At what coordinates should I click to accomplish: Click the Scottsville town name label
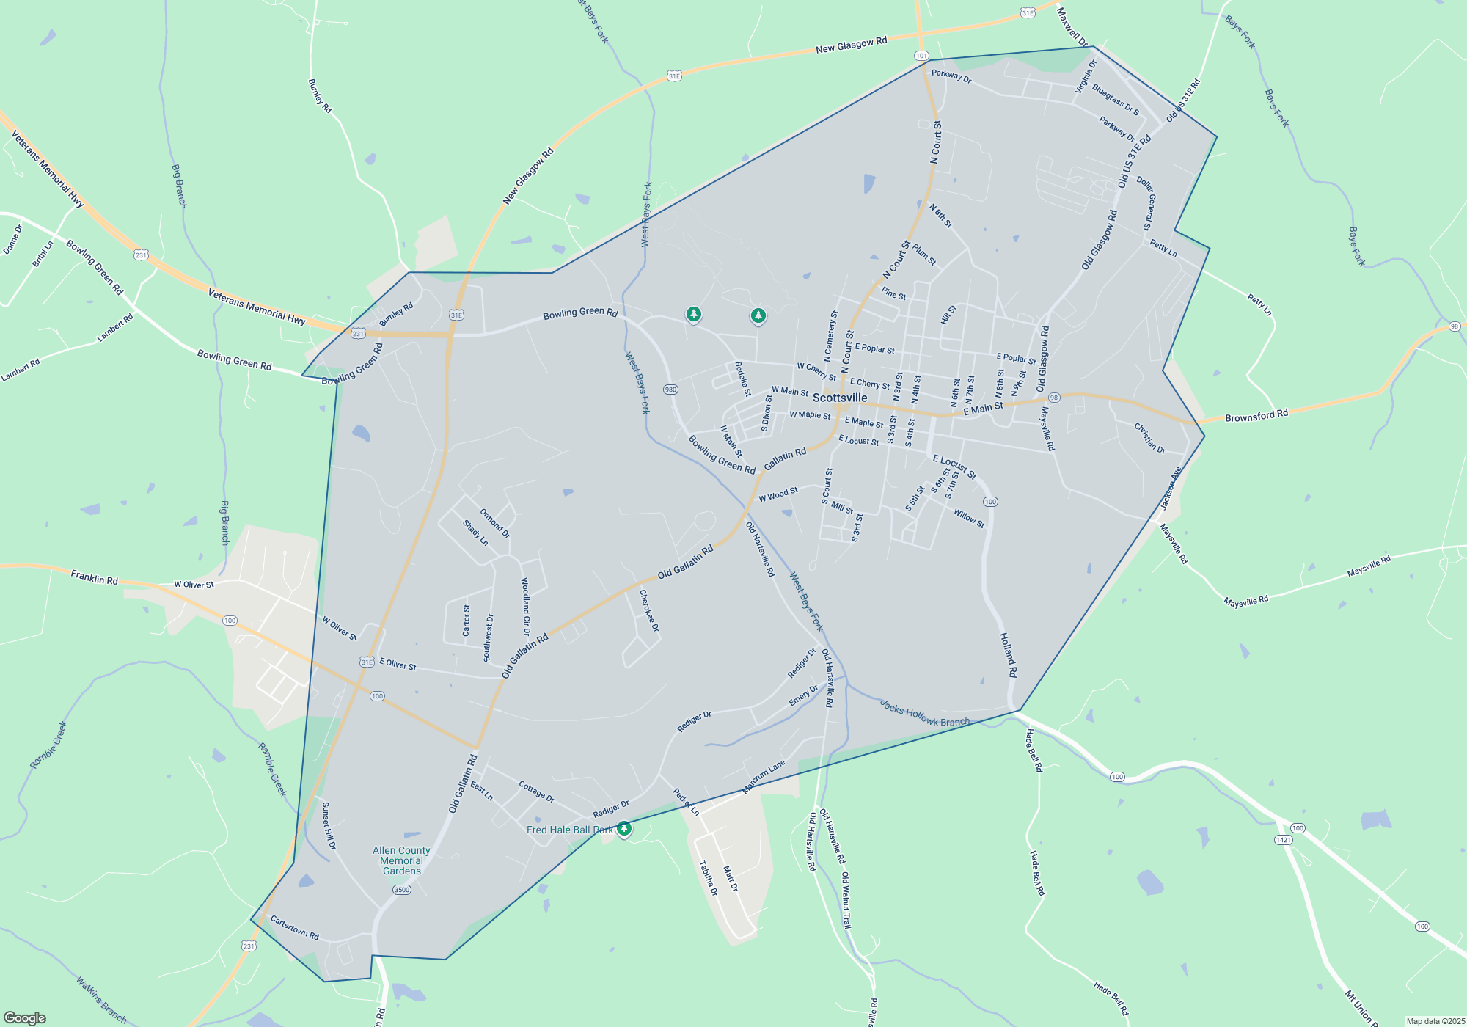point(840,398)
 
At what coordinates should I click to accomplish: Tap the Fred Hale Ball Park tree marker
point(624,829)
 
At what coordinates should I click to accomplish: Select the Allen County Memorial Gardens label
point(401,860)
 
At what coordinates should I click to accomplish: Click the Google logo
point(25,1017)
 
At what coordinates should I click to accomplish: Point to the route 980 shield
point(670,390)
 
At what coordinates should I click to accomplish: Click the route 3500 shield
point(401,890)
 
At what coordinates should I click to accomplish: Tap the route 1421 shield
point(1283,840)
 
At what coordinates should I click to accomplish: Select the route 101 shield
point(921,56)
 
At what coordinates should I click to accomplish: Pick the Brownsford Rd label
point(1256,416)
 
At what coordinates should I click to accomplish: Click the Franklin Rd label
point(94,578)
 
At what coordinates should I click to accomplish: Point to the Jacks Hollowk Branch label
point(924,713)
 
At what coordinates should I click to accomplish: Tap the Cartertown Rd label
point(294,928)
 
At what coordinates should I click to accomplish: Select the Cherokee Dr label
point(649,610)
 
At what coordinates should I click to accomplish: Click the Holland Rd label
point(1009,654)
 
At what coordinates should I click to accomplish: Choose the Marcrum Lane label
point(764,777)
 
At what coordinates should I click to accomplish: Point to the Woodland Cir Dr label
point(525,607)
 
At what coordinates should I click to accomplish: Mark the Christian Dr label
point(1149,438)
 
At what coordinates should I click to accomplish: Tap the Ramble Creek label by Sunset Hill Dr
point(272,770)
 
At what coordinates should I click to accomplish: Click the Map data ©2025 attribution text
point(1435,1021)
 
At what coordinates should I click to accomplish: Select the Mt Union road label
point(1359,1007)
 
